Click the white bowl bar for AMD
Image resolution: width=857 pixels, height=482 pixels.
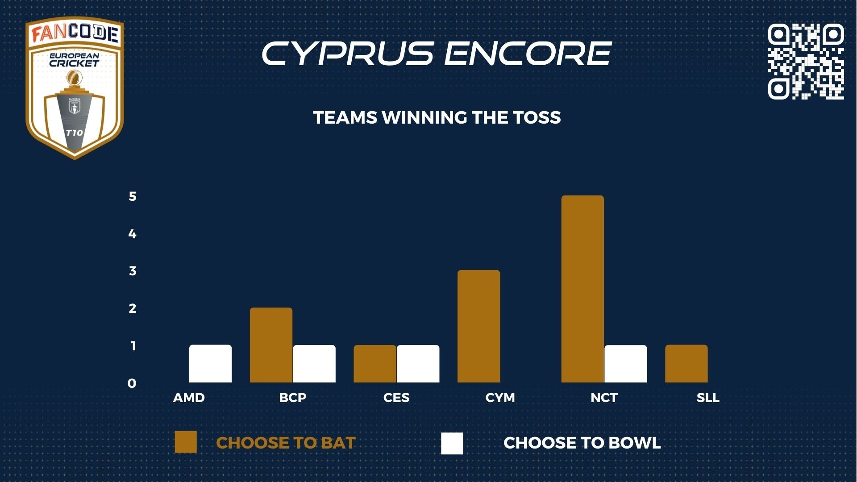tap(210, 364)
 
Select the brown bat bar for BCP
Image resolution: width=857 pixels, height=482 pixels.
tap(271, 345)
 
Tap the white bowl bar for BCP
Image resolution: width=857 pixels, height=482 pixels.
tap(314, 364)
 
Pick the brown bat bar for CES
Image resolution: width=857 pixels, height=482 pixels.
tap(375, 364)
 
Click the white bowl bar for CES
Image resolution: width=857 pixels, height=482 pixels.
tap(418, 364)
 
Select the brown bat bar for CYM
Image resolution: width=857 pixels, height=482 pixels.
tap(479, 326)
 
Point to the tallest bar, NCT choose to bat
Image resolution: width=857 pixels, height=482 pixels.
tap(582, 289)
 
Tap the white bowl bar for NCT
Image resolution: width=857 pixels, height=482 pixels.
tap(626, 364)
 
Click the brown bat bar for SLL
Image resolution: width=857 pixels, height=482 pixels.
tap(686, 364)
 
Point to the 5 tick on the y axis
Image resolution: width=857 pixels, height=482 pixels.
tap(133, 196)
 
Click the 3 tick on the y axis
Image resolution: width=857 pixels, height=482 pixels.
tap(133, 271)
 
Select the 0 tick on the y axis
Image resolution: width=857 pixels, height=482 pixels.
tap(132, 383)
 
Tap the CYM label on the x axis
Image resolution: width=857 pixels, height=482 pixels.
tap(500, 398)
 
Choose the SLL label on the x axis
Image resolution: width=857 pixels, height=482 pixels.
tap(708, 398)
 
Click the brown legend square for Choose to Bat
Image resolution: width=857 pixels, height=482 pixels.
tap(186, 442)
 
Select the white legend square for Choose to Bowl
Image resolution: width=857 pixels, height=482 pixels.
tap(452, 443)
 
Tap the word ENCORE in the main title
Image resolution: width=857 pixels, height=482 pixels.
tap(528, 54)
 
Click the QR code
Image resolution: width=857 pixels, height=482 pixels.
tap(806, 61)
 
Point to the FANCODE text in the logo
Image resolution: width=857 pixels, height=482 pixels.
tap(75, 34)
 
